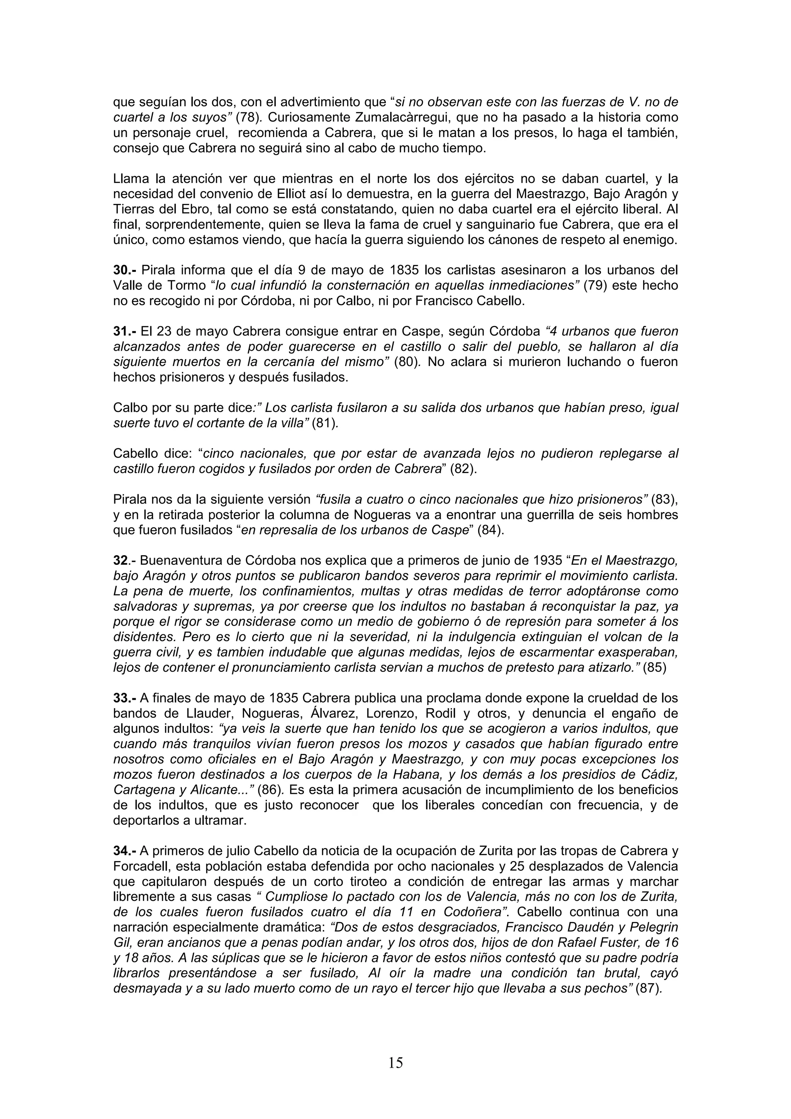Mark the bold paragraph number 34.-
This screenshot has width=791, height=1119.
pos(125,851)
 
